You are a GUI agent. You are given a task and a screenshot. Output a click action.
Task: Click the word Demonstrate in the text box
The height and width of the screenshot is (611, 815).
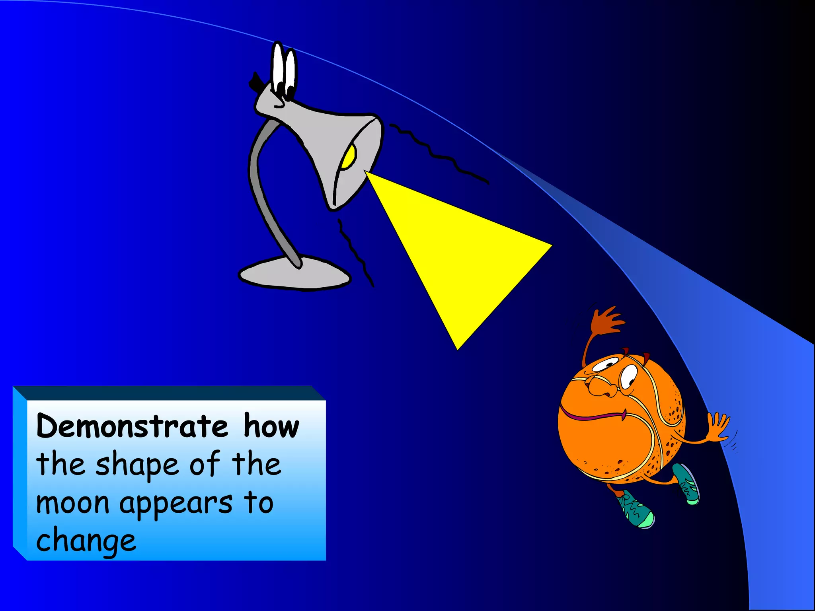click(x=132, y=426)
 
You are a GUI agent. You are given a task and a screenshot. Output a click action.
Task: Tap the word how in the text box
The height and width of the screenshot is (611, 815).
click(x=271, y=426)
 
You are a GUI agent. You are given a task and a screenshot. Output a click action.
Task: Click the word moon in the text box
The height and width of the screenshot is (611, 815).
click(x=72, y=503)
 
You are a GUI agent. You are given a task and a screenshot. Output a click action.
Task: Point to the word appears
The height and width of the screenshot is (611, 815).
click(x=175, y=504)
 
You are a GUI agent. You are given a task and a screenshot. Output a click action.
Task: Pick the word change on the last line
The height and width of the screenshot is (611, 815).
click(x=86, y=541)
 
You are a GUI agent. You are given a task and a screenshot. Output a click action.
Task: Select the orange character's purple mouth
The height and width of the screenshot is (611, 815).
click(x=593, y=416)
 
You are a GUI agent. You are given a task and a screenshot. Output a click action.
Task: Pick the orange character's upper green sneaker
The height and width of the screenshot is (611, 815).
click(x=686, y=483)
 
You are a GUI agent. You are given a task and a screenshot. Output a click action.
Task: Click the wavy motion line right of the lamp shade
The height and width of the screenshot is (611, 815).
click(x=438, y=153)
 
